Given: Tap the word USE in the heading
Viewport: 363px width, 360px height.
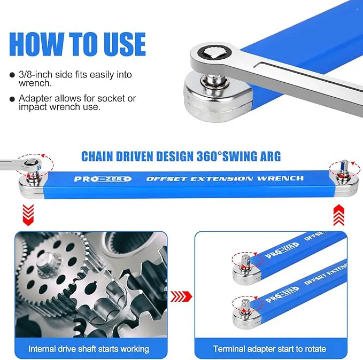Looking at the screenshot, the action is [125, 44].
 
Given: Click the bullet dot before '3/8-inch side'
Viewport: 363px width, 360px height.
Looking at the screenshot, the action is [12, 75].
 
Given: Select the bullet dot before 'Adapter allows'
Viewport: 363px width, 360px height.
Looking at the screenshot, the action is [12, 99].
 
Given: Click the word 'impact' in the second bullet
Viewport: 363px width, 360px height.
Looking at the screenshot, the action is [33, 107].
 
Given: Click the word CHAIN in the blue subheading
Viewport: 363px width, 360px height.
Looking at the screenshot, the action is [97, 156].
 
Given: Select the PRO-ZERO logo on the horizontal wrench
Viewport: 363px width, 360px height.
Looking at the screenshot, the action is [103, 179].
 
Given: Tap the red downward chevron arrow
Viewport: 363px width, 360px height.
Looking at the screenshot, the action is [28, 215].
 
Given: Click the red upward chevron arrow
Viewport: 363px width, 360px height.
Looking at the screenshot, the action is [339, 215].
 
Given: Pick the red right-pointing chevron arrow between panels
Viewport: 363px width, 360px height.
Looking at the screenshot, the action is [181, 296].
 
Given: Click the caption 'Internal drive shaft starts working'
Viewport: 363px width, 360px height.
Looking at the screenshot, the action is [89, 349].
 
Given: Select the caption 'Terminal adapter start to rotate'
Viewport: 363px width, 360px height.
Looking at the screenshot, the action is [269, 349].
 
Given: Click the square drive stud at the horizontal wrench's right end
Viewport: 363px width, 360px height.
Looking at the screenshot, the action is [345, 167].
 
